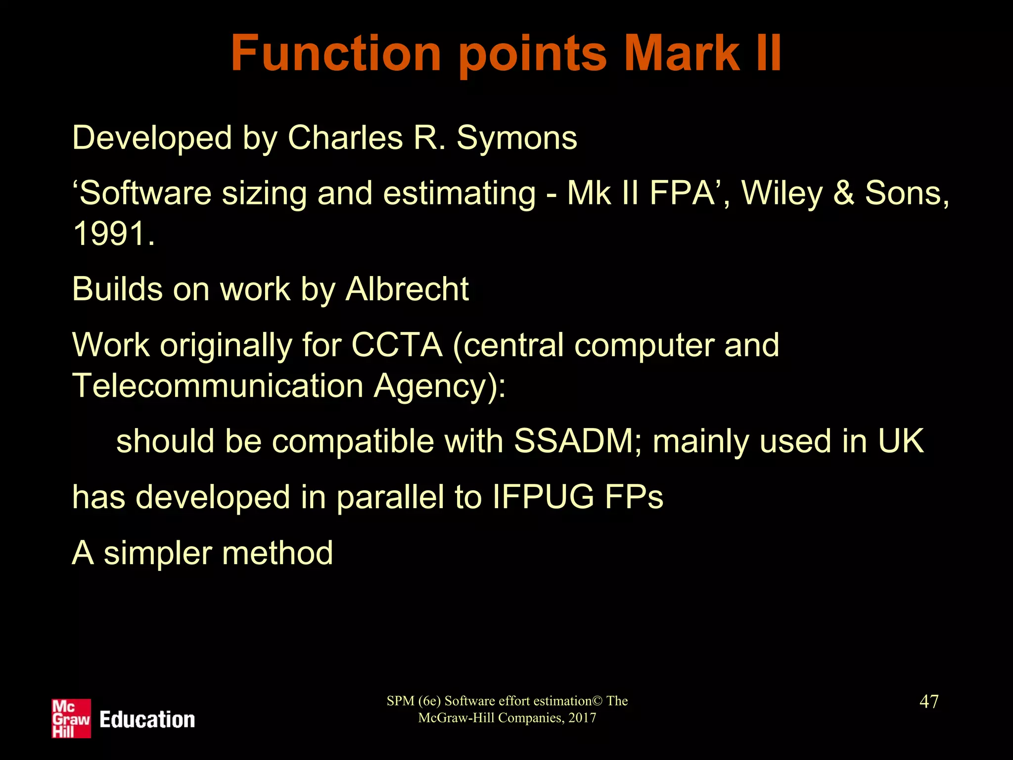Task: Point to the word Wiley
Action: pyautogui.click(x=782, y=192)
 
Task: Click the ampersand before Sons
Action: pyautogui.click(x=844, y=192)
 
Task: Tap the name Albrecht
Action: pyautogui.click(x=407, y=289)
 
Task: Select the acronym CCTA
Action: pyautogui.click(x=397, y=345)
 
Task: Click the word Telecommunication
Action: pyautogui.click(x=218, y=385)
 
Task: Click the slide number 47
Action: pyautogui.click(x=928, y=701)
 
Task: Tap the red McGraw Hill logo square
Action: pyautogui.click(x=71, y=718)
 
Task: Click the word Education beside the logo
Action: pyautogui.click(x=147, y=719)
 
